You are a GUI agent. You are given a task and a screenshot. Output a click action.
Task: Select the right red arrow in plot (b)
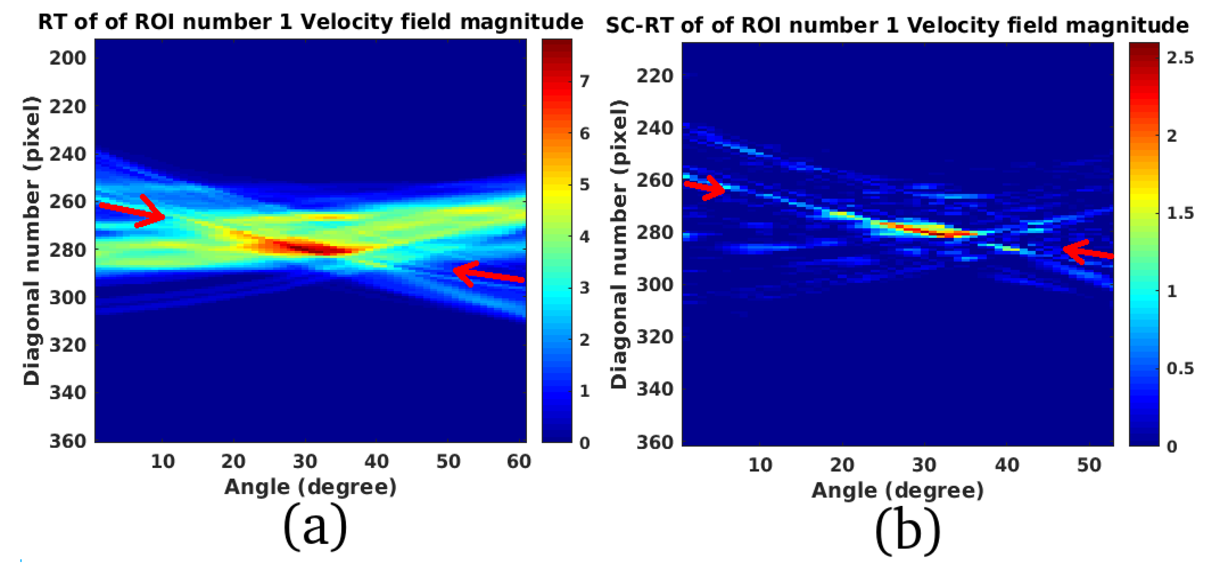1087,251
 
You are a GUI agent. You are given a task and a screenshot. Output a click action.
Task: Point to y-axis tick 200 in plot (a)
68,58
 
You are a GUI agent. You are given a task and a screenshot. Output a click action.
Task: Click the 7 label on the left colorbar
584,81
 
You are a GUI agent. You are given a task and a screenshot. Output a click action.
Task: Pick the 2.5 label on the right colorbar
1180,57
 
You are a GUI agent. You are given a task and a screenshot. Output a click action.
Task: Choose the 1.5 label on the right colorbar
1180,213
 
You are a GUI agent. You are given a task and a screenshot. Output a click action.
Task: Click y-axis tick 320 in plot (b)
655,337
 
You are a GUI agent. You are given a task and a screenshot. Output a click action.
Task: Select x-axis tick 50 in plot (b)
1089,465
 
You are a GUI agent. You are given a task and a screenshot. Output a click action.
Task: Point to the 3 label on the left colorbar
584,288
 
